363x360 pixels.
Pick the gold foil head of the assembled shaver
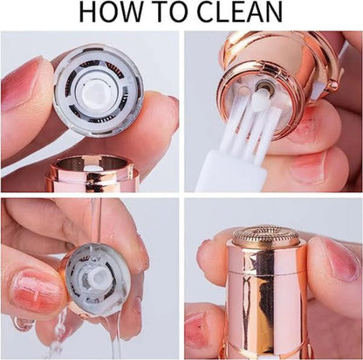[267, 235]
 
